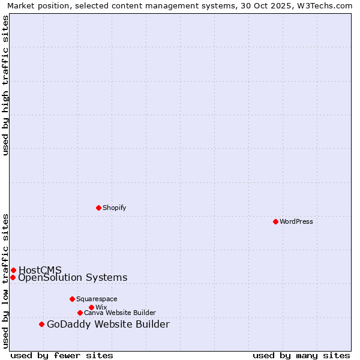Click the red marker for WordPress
pyautogui.click(x=275, y=221)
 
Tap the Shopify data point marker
pyautogui.click(x=99, y=208)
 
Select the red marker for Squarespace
pyautogui.click(x=72, y=299)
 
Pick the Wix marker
pyautogui.click(x=91, y=307)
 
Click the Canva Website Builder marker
pyautogui.click(x=80, y=313)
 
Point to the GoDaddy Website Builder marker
pyautogui.click(x=41, y=325)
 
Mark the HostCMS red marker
pyautogui.click(x=13, y=270)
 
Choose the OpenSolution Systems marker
pyautogui.click(x=13, y=277)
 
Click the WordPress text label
pyautogui.click(x=296, y=221)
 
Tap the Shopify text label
pyautogui.click(x=114, y=208)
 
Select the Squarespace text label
pyautogui.click(x=97, y=299)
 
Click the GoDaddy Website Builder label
pyautogui.click(x=108, y=325)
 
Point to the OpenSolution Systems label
pyautogui.click(x=73, y=277)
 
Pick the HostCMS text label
pyautogui.click(x=40, y=270)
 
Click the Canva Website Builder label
pyautogui.click(x=120, y=313)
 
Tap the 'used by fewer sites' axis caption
pyautogui.click(x=62, y=355)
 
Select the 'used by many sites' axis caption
pyautogui.click(x=301, y=355)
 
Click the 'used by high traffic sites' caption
pyautogui.click(x=6, y=85)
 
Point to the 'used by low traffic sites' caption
pyautogui.click(x=6, y=280)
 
